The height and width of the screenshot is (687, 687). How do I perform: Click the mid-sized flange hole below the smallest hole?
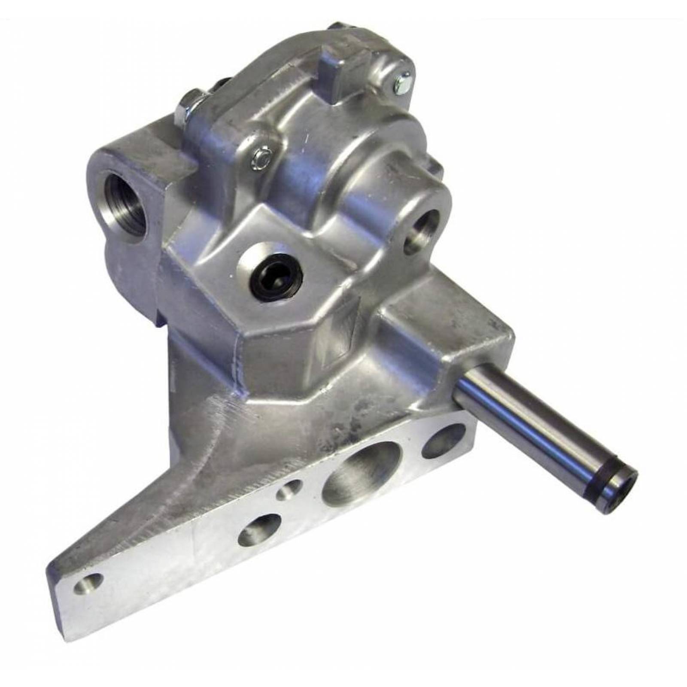point(255,532)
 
